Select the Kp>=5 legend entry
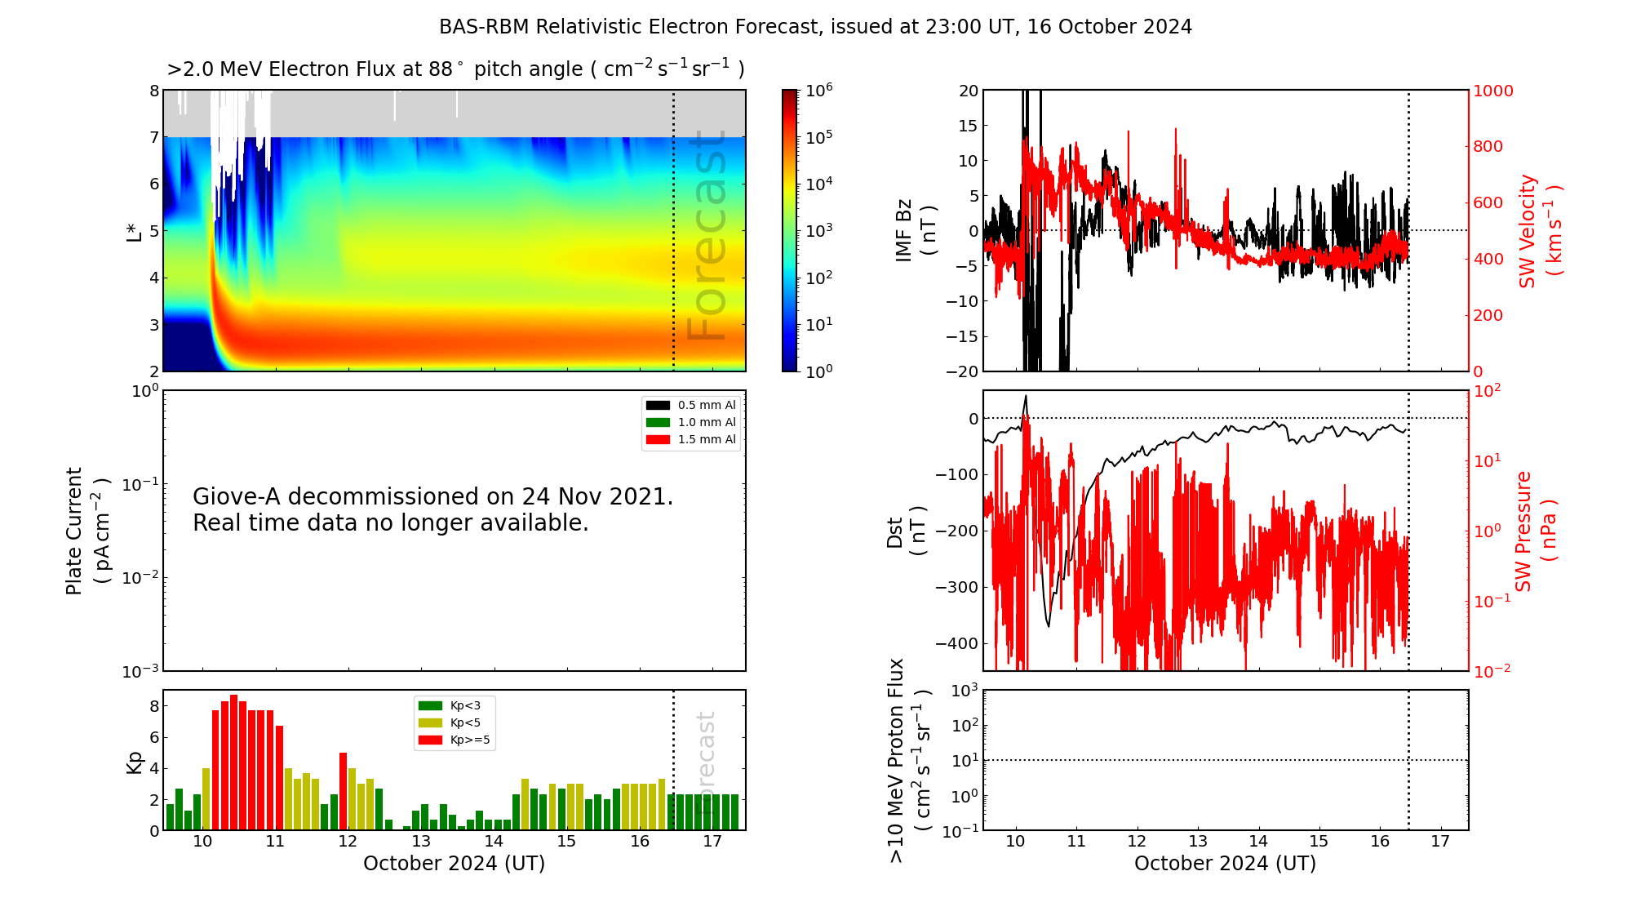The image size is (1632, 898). click(x=454, y=740)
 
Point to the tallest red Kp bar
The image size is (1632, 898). click(x=233, y=762)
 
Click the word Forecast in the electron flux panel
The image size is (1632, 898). click(x=707, y=235)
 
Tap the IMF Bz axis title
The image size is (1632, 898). click(x=916, y=230)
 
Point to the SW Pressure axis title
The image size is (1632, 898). click(x=1535, y=531)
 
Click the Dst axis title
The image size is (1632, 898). click(x=907, y=531)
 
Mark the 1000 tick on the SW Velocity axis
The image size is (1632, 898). click(x=1493, y=91)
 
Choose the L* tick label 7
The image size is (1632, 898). click(x=154, y=137)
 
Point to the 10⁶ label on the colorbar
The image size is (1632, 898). click(x=819, y=90)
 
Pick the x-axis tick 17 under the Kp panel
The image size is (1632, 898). click(x=712, y=841)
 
